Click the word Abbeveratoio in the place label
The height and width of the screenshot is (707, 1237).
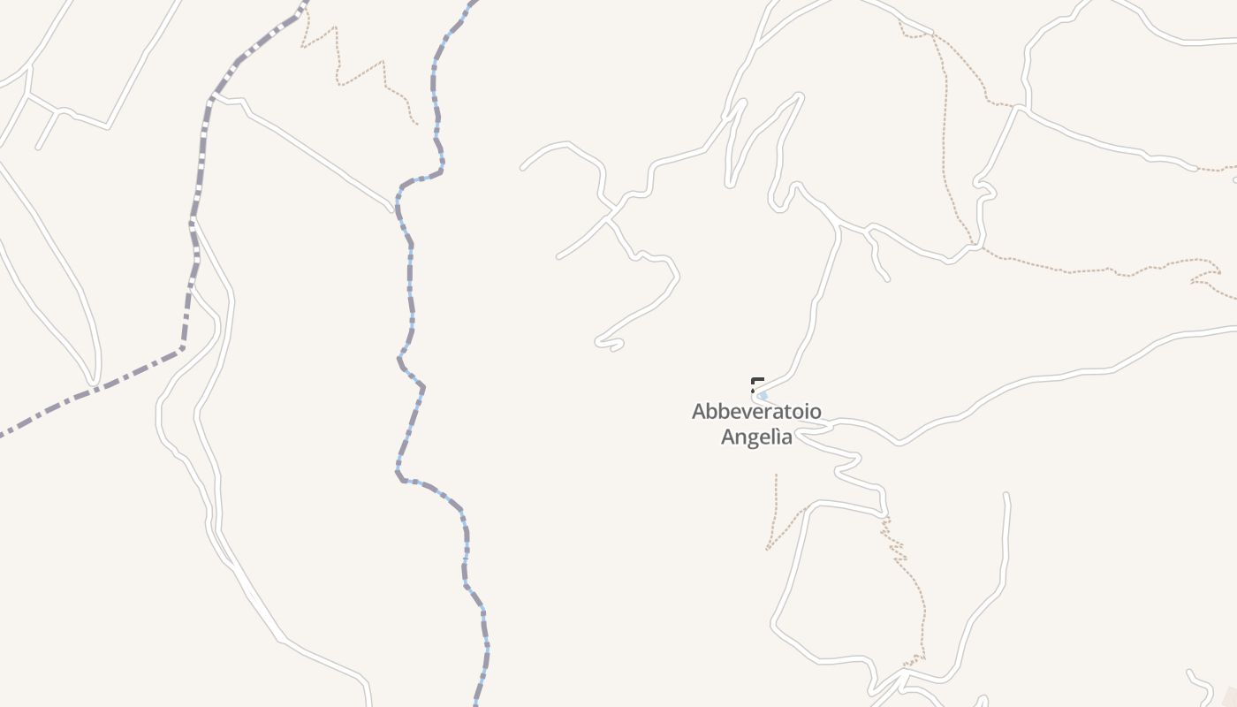tap(756, 411)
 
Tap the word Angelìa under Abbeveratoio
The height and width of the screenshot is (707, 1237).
tap(756, 437)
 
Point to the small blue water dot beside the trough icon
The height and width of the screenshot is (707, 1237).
tap(763, 396)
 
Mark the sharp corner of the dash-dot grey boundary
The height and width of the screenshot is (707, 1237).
tap(182, 348)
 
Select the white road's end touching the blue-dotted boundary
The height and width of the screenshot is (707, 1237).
tap(391, 210)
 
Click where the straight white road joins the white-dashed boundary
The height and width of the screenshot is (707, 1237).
tap(213, 97)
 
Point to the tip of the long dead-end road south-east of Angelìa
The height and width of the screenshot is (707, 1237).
tap(1006, 496)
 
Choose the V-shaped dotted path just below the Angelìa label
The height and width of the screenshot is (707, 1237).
tap(778, 521)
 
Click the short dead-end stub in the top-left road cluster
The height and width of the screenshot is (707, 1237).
tap(39, 146)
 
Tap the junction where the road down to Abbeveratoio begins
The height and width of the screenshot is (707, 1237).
tap(838, 226)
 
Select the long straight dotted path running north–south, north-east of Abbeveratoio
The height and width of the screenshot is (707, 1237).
tap(945, 133)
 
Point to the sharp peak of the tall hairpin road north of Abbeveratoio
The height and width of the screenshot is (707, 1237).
tap(800, 95)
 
